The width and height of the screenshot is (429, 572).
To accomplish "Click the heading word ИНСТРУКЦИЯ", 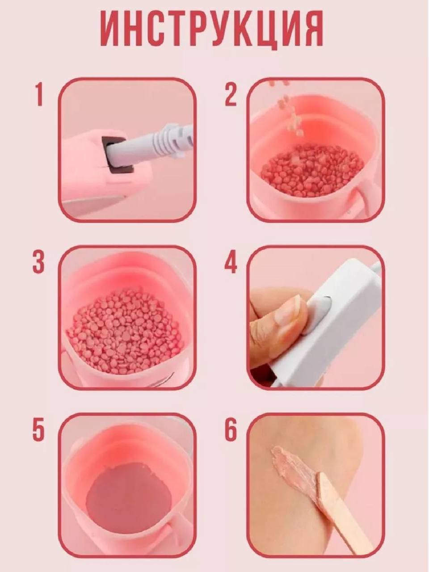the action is point(212,32).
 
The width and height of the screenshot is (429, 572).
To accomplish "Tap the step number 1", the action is point(39,94).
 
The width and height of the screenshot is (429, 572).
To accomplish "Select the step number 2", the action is point(231,94).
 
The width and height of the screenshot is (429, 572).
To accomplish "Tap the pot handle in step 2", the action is point(367,198).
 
